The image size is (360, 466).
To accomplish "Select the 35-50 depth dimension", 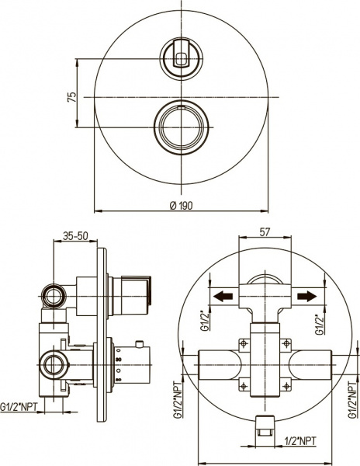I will (x=75, y=235).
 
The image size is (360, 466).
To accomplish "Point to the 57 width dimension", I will (x=264, y=231).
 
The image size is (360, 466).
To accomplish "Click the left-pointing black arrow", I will (x=224, y=296).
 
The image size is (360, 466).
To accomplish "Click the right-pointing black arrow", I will (x=306, y=296).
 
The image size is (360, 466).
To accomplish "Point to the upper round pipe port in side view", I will (x=54, y=295).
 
